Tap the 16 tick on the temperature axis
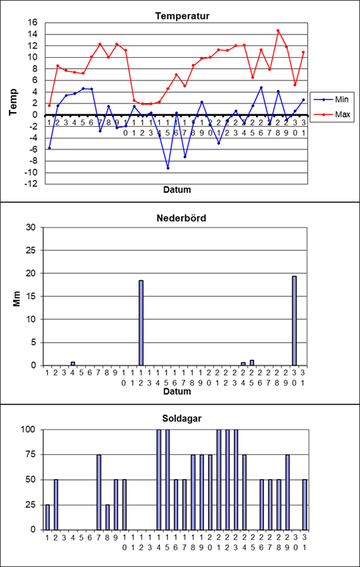[33, 23]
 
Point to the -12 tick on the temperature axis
[32, 184]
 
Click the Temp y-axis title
[14, 102]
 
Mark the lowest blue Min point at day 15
[168, 168]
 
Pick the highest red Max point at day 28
[278, 31]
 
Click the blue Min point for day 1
[49, 148]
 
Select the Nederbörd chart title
[181, 218]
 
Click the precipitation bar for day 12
[141, 322]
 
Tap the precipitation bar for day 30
[295, 321]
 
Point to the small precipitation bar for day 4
[73, 363]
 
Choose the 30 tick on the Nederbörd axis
[33, 227]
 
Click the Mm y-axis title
[17, 299]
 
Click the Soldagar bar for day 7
[99, 492]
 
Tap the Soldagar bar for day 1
[48, 517]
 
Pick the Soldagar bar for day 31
[304, 505]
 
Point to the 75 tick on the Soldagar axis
[33, 454]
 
